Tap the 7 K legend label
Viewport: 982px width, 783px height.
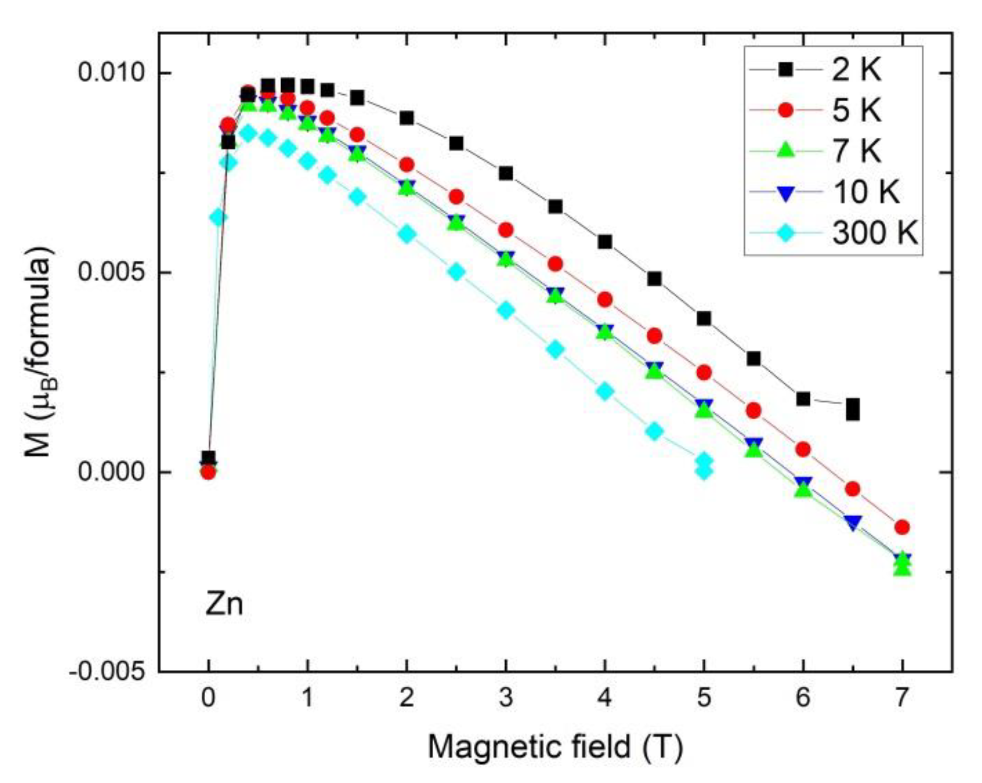(x=856, y=151)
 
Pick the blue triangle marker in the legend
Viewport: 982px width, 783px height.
(x=785, y=193)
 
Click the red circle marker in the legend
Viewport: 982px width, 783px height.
(x=785, y=110)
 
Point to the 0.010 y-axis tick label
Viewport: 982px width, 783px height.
(x=111, y=73)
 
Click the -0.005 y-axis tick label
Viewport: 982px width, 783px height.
(x=107, y=672)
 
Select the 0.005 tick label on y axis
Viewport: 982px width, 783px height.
(x=111, y=272)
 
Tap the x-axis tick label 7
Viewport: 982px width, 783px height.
(x=902, y=698)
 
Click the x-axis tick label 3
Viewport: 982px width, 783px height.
(x=505, y=698)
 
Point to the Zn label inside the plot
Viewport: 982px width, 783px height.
(x=223, y=604)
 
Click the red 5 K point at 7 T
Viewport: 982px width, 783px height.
(x=902, y=527)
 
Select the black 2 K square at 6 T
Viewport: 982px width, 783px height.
(x=803, y=399)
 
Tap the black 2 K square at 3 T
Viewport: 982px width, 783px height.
(x=505, y=173)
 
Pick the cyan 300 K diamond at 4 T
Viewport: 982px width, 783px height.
(x=605, y=391)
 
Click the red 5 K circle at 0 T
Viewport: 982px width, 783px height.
(x=208, y=472)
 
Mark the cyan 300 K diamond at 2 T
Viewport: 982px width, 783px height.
(x=406, y=234)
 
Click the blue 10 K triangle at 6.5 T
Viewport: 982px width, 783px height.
(x=853, y=522)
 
